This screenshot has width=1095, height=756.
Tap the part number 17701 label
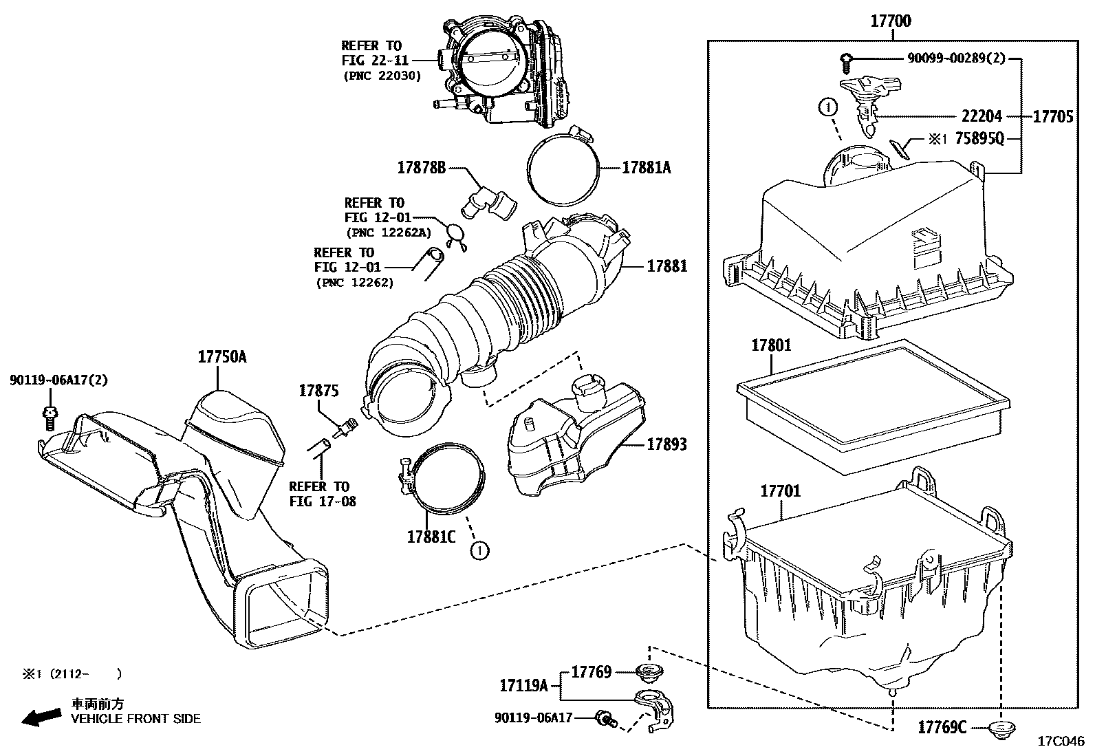click(780, 491)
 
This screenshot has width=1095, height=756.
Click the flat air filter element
click(872, 406)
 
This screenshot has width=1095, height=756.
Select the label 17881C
click(431, 537)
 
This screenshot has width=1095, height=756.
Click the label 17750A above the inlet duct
click(221, 357)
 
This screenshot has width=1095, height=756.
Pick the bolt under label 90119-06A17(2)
click(50, 418)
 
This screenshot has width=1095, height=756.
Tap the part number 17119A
click(523, 686)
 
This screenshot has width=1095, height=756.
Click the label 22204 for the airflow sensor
click(982, 116)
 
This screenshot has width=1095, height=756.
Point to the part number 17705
click(1052, 116)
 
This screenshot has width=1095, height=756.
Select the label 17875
click(318, 391)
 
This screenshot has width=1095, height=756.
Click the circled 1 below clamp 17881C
click(479, 550)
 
